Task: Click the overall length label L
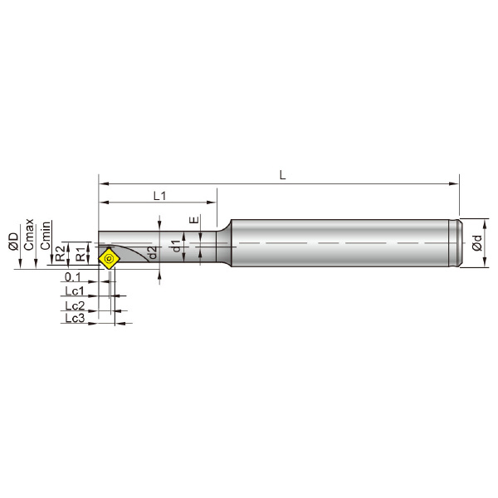pyautogui.click(x=282, y=175)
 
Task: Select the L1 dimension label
pyautogui.click(x=159, y=196)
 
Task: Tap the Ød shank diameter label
pyautogui.click(x=477, y=243)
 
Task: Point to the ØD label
pyautogui.click(x=14, y=242)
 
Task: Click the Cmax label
pyautogui.click(x=29, y=234)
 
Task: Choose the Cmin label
pyautogui.click(x=46, y=236)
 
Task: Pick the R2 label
pyautogui.click(x=60, y=253)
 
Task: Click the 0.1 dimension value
pyautogui.click(x=73, y=277)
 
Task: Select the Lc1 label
pyautogui.click(x=75, y=290)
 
